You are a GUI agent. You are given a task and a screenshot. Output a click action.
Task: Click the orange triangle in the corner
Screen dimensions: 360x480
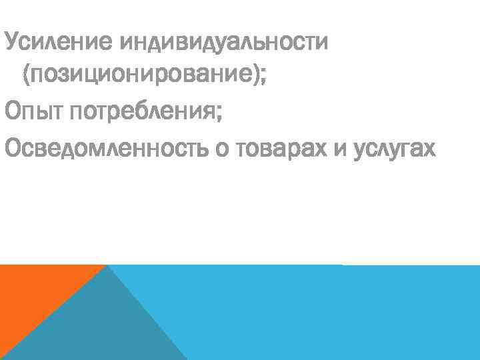33,293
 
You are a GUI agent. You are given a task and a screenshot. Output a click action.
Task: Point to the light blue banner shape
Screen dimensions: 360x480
320,313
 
